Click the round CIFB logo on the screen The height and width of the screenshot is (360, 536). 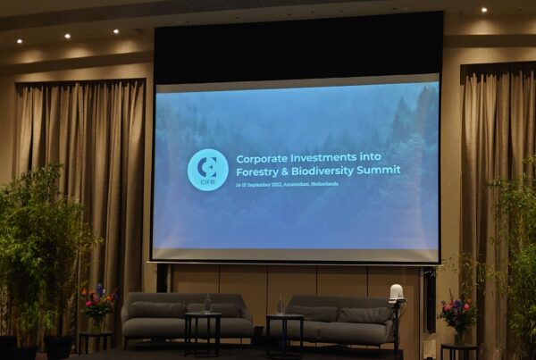[207, 170]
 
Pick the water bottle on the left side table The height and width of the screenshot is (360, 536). [207, 305]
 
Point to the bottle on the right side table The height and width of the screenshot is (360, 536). [280, 306]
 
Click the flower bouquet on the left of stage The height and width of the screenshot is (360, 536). [97, 304]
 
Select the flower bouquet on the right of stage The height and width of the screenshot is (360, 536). [457, 314]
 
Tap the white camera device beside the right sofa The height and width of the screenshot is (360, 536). [396, 294]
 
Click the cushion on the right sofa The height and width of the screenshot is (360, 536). [363, 314]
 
